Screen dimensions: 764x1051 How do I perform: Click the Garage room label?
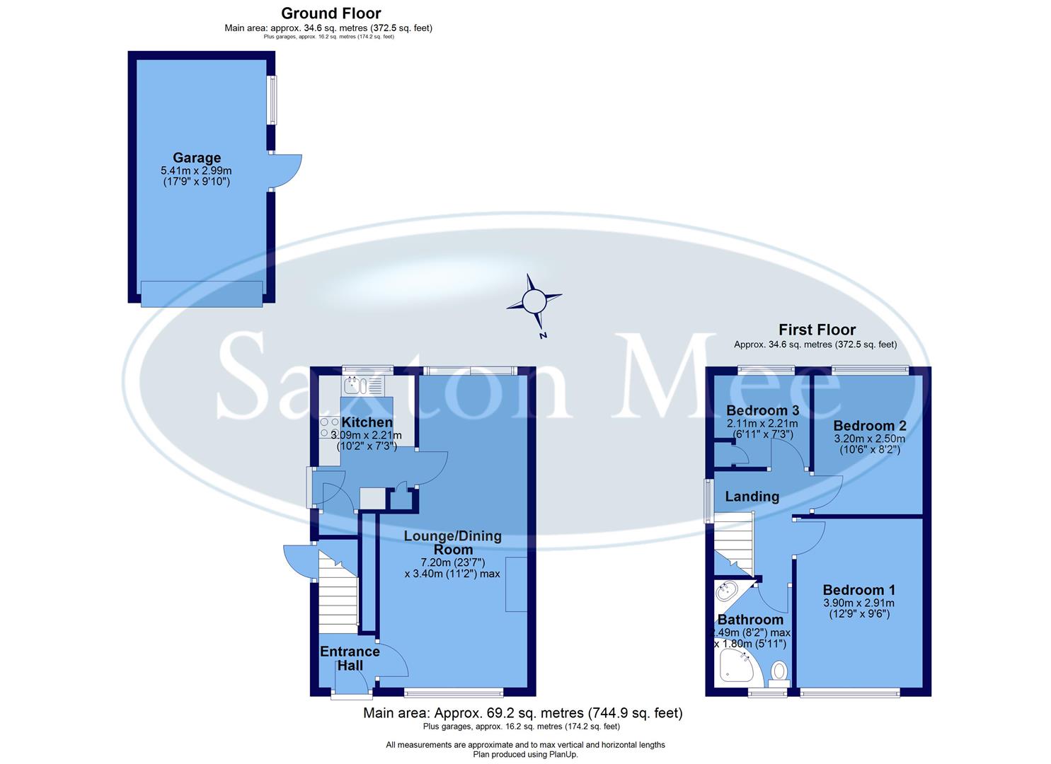(197, 158)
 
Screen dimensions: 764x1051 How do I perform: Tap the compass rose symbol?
(534, 302)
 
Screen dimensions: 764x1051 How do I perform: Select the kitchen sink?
(363, 386)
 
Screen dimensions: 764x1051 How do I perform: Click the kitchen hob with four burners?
(329, 427)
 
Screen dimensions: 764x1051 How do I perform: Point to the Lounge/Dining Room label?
(452, 543)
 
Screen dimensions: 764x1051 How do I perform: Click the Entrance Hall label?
(350, 658)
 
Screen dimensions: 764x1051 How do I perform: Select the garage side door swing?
(287, 171)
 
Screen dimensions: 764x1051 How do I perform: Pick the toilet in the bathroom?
(779, 671)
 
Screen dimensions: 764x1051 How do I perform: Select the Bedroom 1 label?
(858, 590)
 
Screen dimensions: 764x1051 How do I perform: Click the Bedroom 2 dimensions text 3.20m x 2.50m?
(869, 439)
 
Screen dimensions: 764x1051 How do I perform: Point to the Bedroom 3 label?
(762, 410)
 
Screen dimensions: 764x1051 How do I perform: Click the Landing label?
(752, 497)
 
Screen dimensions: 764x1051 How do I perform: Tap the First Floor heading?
(817, 330)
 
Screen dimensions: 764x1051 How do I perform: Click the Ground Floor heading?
(331, 13)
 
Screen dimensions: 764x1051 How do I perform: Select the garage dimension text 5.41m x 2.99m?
(196, 170)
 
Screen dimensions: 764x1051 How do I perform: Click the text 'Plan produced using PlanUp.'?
(525, 754)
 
